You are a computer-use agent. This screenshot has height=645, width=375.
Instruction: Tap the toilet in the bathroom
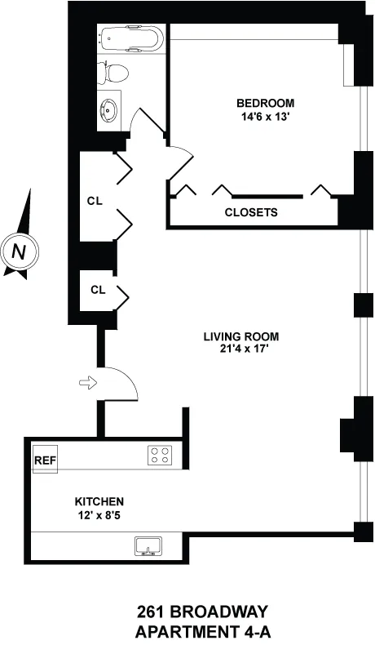coord(113,73)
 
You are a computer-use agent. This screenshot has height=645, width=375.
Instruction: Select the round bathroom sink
coord(111,109)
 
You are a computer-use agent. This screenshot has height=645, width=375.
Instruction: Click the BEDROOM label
coord(266,103)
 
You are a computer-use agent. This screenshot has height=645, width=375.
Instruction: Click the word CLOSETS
coord(251,212)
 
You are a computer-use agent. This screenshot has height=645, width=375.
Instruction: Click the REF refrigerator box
coord(46,460)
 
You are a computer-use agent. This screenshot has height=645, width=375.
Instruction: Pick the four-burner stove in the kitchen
coord(159,456)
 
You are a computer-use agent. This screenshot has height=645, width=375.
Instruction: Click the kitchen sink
coord(148,546)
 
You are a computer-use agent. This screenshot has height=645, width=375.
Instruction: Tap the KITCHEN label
coord(99,500)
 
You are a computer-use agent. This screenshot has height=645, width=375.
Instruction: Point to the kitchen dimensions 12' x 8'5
coord(99,514)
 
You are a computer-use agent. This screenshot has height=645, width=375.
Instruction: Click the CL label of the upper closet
coord(95,201)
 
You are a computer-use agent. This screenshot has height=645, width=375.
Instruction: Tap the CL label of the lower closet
coord(98,290)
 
